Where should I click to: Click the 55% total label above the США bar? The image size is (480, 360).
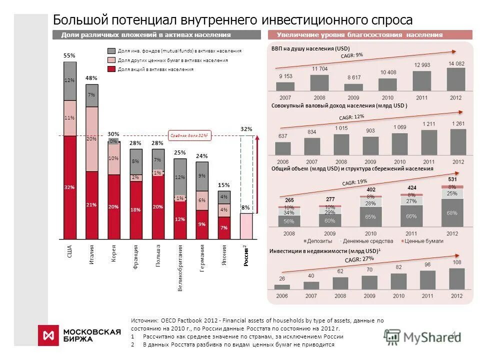pyautogui.click(x=69, y=55)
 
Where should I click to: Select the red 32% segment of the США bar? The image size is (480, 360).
pyautogui.click(x=70, y=187)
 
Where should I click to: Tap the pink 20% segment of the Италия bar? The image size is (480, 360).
pyautogui.click(x=92, y=139)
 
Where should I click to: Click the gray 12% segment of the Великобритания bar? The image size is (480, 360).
pyautogui.click(x=180, y=177)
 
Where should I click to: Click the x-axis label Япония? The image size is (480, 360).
pyautogui.click(x=224, y=255)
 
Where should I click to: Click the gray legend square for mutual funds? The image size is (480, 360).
pyautogui.click(x=111, y=51)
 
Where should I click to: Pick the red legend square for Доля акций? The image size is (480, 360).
pyautogui.click(x=111, y=69)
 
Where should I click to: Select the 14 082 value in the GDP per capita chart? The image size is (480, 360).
pyautogui.click(x=456, y=63)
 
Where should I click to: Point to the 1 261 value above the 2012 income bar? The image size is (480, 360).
pyautogui.click(x=458, y=124)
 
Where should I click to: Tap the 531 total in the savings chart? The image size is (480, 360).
pyautogui.click(x=452, y=179)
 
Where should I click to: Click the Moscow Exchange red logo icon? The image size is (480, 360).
pyautogui.click(x=49, y=335)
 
